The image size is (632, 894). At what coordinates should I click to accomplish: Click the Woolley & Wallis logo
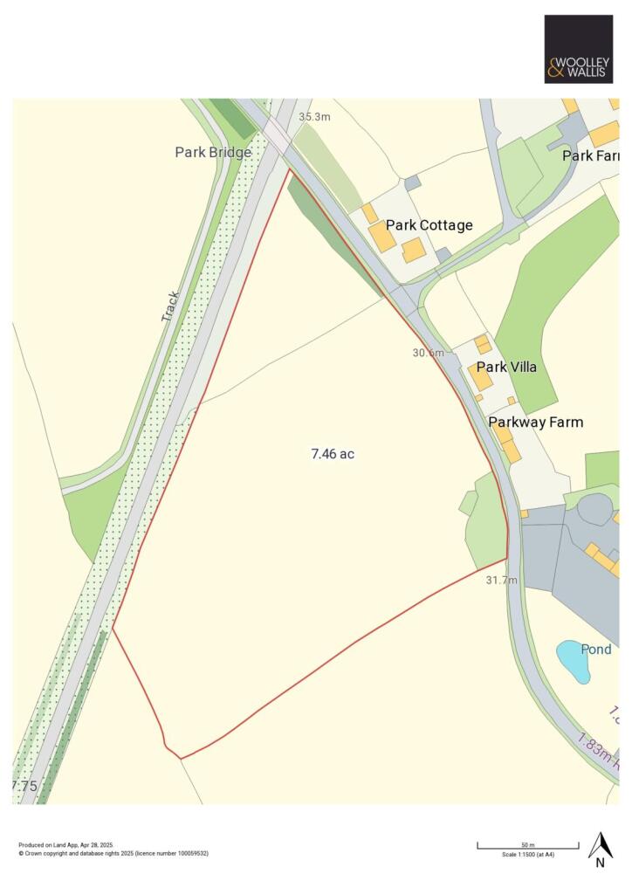[x=578, y=49]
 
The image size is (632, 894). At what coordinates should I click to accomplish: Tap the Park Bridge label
[x=213, y=152]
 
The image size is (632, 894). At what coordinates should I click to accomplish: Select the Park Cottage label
[x=429, y=225]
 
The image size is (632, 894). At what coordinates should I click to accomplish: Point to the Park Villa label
[x=506, y=367]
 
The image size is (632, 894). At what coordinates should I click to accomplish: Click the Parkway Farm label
[x=535, y=423]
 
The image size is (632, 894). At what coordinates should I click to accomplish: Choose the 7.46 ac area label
[x=333, y=454]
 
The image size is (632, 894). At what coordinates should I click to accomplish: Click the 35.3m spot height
[x=314, y=116]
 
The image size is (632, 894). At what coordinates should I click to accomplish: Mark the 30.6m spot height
[x=428, y=353]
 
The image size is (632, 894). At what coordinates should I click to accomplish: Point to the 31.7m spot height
[x=501, y=580]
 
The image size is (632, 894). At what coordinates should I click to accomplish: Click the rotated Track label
[x=170, y=306]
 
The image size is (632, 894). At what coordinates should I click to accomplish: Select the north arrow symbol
[x=600, y=844]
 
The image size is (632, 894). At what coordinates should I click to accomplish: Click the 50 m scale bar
[x=527, y=846]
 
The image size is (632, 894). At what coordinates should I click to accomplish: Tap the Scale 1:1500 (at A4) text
[x=527, y=855]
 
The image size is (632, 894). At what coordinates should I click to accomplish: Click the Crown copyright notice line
[x=113, y=853]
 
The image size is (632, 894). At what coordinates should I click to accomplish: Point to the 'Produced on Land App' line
[x=65, y=845]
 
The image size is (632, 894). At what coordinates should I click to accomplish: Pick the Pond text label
[x=596, y=650]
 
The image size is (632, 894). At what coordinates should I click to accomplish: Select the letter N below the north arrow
[x=600, y=863]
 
